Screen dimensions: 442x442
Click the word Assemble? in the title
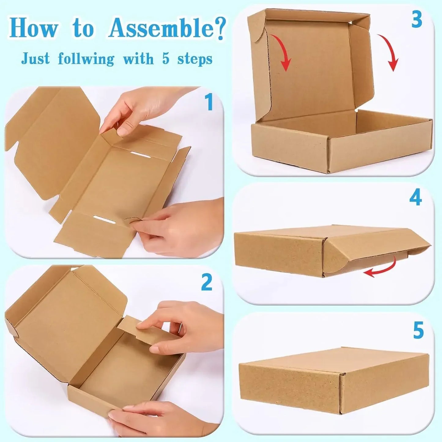point(167,28)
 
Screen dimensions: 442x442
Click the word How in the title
point(34,28)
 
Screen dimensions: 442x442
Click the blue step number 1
point(209,102)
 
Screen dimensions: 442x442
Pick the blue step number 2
point(207,282)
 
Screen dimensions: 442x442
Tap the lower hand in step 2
point(159,419)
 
